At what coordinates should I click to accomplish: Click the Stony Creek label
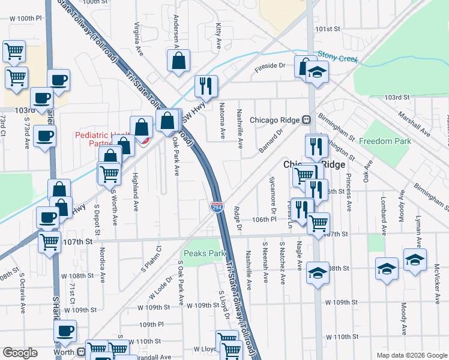click(337, 57)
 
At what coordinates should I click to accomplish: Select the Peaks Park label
click(204, 254)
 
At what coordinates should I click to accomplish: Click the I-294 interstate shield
click(217, 207)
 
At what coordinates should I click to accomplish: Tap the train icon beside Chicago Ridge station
click(306, 119)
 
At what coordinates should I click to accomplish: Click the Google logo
click(20, 353)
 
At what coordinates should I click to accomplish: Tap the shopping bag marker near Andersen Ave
click(178, 61)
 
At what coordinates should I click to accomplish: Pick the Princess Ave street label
click(348, 192)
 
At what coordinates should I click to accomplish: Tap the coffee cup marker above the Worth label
click(65, 331)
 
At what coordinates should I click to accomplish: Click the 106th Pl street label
click(264, 220)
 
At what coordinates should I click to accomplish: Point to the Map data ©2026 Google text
click(411, 355)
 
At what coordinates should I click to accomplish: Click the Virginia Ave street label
click(137, 33)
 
